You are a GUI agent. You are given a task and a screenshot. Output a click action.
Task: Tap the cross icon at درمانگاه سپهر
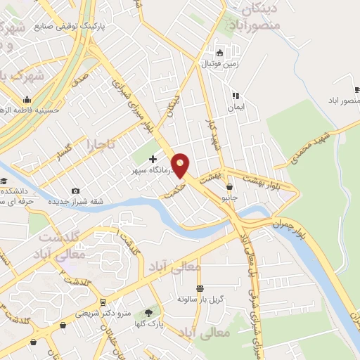[x=153, y=160]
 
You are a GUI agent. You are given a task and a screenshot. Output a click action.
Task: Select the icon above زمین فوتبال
[x=220, y=53]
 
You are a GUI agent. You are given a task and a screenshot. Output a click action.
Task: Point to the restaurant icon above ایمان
[x=236, y=96]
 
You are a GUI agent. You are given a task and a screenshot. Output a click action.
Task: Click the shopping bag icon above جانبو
[x=231, y=186]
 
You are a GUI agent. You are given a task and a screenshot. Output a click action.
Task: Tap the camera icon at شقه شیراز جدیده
[x=76, y=191]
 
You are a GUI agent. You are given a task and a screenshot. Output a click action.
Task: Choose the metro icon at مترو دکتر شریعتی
[x=104, y=302]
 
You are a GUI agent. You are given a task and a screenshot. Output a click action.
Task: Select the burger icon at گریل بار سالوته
[x=200, y=288]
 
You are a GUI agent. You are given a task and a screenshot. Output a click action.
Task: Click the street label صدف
[x=80, y=74]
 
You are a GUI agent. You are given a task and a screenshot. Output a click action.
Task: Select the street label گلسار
[x=65, y=149]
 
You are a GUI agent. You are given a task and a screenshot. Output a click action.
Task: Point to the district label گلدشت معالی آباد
[x=60, y=245]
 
